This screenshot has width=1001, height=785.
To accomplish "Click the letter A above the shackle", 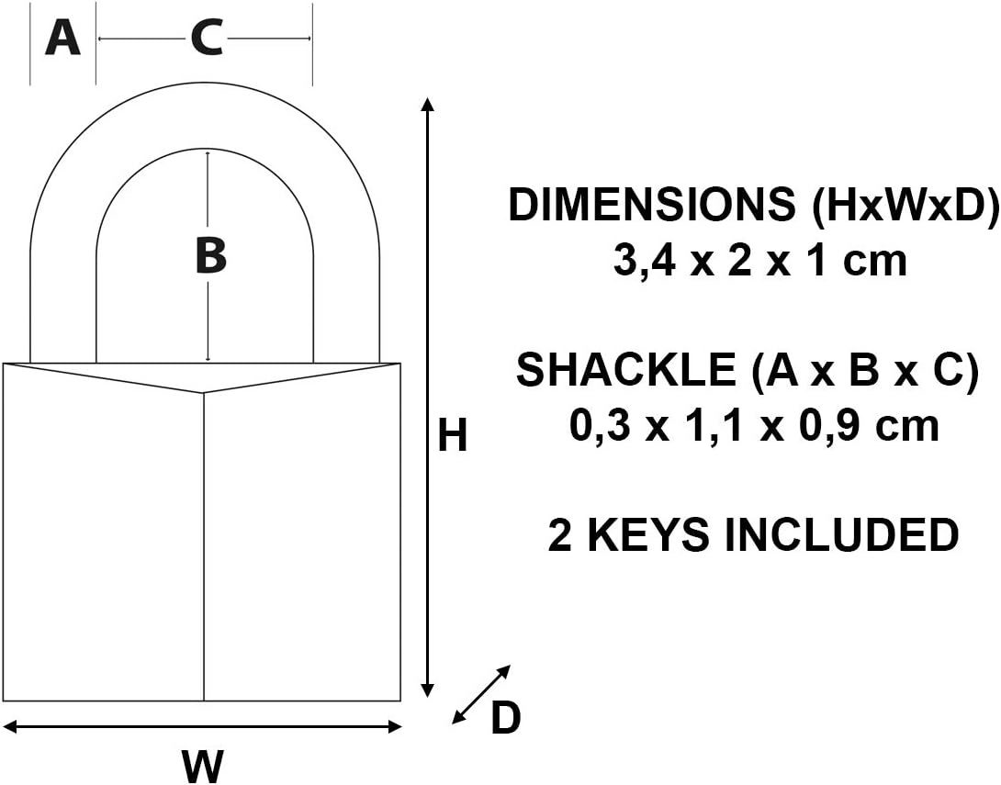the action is tap(62, 38).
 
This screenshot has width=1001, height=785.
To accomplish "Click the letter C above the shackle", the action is tap(207, 38).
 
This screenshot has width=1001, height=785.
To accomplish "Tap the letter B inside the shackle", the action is tap(210, 256).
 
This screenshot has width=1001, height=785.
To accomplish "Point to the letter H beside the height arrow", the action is tap(453, 436).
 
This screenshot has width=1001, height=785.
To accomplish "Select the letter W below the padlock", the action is tap(203, 765).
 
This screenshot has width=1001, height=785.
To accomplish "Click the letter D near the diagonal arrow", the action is tap(506, 717).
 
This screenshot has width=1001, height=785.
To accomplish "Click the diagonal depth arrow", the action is tap(481, 694).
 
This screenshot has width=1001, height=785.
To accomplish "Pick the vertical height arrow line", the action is tap(428, 398).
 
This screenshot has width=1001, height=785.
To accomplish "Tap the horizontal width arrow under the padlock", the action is tap(203, 726).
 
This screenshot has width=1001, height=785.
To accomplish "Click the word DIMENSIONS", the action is tap(652, 205).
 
